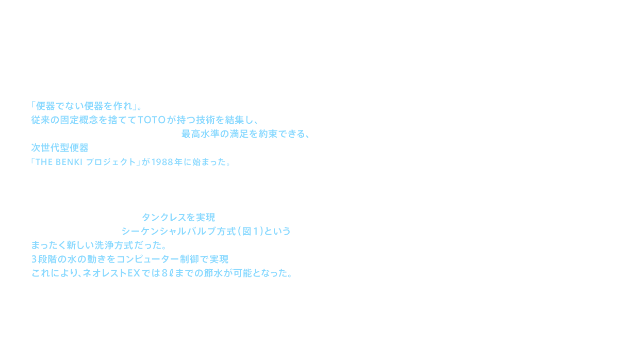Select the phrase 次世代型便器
(60, 149)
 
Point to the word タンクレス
(161, 218)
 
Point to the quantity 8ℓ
(168, 273)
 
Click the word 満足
(249, 135)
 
